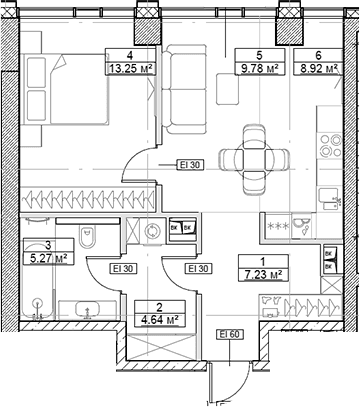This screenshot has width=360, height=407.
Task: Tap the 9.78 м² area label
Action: tap(260, 69)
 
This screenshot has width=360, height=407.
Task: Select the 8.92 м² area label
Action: tap(319, 69)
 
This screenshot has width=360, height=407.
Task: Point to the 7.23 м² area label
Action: tap(263, 275)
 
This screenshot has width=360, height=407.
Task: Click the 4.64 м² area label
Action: tap(160, 320)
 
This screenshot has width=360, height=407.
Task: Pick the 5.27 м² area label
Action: tap(49, 258)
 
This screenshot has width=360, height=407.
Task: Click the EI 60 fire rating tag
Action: tap(230, 334)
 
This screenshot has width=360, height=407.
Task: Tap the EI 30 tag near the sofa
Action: tap(190, 165)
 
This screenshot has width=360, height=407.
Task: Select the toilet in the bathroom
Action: tap(87, 236)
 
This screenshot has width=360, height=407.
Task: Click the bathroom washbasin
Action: tap(87, 309)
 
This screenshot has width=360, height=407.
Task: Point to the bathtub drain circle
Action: tap(37, 303)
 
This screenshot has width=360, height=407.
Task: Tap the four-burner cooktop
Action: tap(330, 145)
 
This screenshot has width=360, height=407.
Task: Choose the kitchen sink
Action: tap(328, 198)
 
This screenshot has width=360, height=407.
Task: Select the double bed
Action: tap(64, 90)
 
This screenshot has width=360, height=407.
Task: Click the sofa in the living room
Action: tap(184, 89)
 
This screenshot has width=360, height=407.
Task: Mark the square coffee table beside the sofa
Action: tap(228, 89)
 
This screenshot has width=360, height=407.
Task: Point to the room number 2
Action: tap(160, 307)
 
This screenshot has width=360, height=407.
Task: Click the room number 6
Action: tap(319, 55)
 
